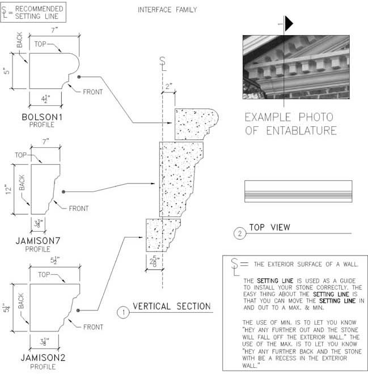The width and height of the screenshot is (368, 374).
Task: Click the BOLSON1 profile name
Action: pos(42,117)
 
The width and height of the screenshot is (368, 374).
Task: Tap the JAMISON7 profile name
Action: pos(37,241)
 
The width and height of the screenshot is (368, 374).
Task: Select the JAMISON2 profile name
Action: pos(43,358)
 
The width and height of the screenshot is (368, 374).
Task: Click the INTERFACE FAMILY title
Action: pos(167,10)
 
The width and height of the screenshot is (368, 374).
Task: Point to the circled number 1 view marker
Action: pos(124,312)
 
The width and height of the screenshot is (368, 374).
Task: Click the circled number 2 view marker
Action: pos(240,233)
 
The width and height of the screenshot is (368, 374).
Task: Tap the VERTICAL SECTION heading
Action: pos(172,306)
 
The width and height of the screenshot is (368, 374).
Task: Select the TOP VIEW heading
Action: pos(270,227)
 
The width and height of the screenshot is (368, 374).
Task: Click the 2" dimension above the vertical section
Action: pos(169,86)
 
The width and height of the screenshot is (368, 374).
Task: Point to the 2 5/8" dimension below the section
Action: pos(154,262)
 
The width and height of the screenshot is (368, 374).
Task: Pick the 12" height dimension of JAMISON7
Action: pos(9,189)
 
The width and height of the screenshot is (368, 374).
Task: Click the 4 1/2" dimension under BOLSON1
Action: pos(45,99)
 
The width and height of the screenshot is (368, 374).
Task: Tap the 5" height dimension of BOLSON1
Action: pos(7,71)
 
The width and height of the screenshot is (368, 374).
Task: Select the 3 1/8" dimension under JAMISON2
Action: pos(45,342)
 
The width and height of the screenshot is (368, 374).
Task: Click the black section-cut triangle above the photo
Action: pos(289,24)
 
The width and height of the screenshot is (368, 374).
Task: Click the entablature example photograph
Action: pos(296,67)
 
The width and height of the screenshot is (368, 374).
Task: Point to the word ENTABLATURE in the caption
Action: pos(302,131)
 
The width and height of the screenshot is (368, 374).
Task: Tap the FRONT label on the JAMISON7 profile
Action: pos(79,209)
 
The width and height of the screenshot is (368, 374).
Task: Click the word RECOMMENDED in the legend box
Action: pos(39,9)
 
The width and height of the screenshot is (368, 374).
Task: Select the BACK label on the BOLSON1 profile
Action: pos(20,40)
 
